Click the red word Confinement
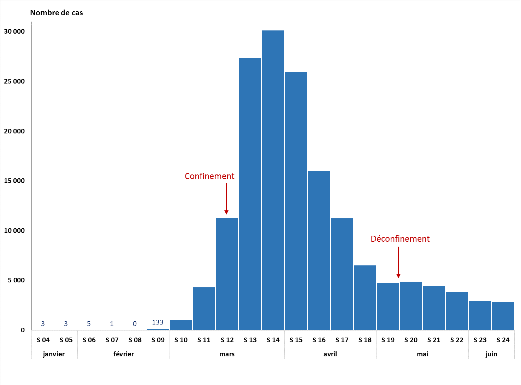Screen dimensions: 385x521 pyautogui.click(x=209, y=176)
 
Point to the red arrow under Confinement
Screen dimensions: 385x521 pyautogui.click(x=226, y=199)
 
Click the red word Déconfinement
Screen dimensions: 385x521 pyautogui.click(x=400, y=239)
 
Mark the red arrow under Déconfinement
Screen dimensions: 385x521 pyautogui.click(x=398, y=262)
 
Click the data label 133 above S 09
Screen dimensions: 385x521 pyautogui.click(x=158, y=322)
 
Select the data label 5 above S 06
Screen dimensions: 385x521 pyautogui.click(x=89, y=324)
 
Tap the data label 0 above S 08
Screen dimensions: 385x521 pyautogui.click(x=135, y=324)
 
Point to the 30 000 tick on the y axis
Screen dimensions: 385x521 pyautogui.click(x=14, y=31)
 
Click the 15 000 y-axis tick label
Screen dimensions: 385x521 pyautogui.click(x=14, y=181)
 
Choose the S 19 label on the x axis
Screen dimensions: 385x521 pyautogui.click(x=388, y=340)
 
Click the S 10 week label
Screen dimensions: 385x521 pyautogui.click(x=181, y=340)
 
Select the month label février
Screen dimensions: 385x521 pyautogui.click(x=124, y=354)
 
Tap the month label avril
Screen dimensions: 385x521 pyautogui.click(x=330, y=354)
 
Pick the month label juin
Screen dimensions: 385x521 pyautogui.click(x=491, y=354)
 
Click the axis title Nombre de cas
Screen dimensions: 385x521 pyautogui.click(x=57, y=13)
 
